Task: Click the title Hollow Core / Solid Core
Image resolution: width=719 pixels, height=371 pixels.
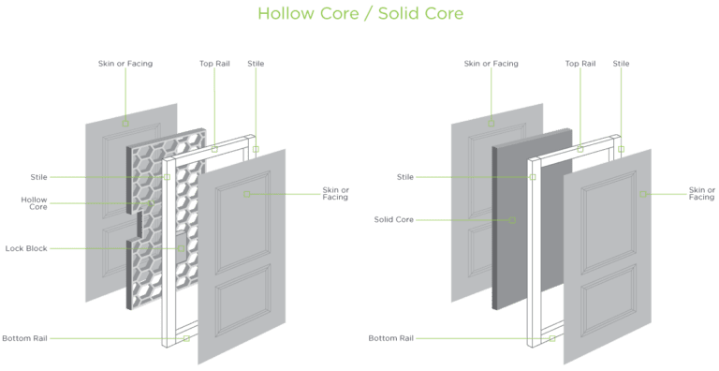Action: [359, 14]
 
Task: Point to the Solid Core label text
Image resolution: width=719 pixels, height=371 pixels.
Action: [394, 220]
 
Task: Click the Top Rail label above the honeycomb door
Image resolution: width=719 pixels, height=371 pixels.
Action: [213, 64]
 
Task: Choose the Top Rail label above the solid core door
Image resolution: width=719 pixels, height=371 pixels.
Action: [580, 64]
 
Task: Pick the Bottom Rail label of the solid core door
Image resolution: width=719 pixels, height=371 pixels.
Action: [389, 338]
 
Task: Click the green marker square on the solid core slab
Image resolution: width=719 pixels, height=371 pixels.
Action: [512, 221]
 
